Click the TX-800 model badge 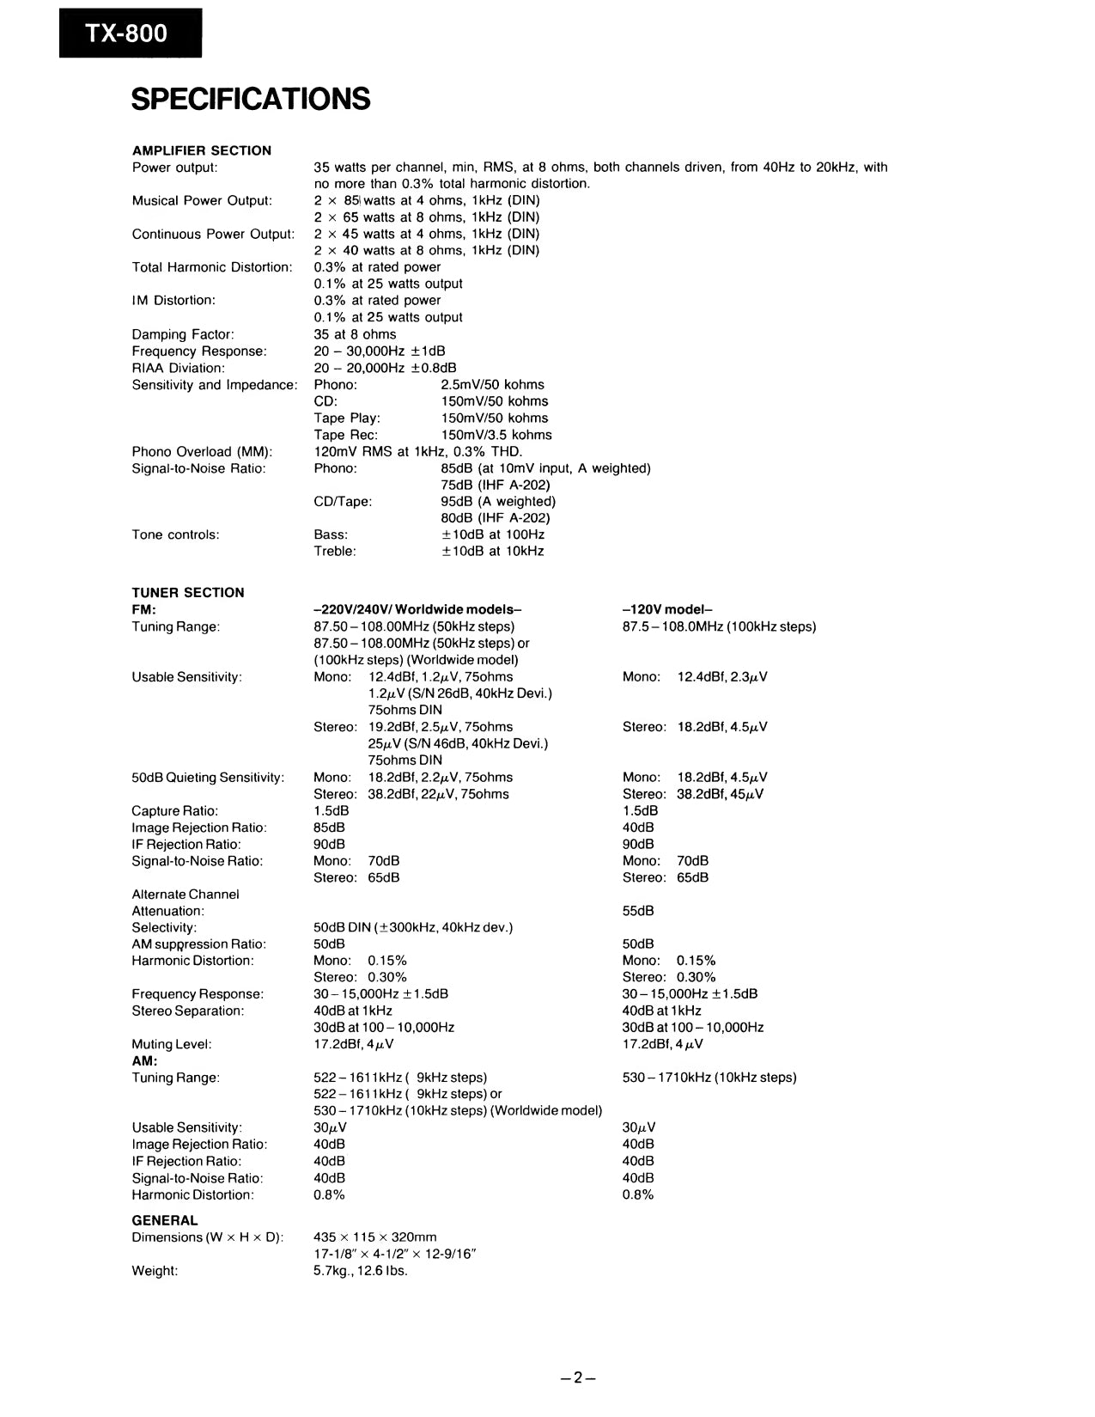(130, 34)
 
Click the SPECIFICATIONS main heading (251, 99)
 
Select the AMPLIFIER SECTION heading (201, 150)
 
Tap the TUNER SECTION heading (187, 592)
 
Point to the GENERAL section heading (164, 1220)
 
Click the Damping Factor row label (182, 334)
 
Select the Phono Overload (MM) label (202, 452)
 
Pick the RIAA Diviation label (178, 368)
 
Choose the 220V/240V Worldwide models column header (417, 609)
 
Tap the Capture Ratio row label (174, 811)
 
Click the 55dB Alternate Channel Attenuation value (637, 911)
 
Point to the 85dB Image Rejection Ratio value (329, 828)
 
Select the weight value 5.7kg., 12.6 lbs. (360, 1271)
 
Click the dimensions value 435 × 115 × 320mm (374, 1237)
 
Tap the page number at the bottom (578, 1377)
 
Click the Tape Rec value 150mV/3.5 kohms (496, 435)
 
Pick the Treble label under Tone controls (334, 551)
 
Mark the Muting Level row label (171, 1045)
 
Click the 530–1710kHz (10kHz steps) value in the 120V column (709, 1078)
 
